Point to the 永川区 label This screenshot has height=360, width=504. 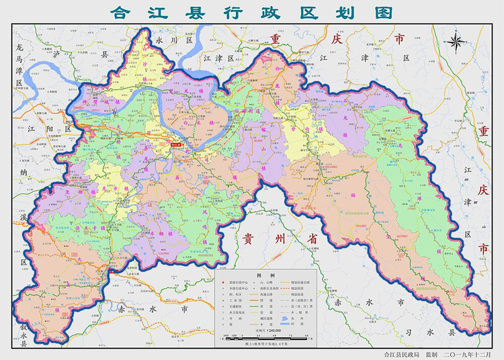point(174,40)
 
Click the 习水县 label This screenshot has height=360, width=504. point(442,331)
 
